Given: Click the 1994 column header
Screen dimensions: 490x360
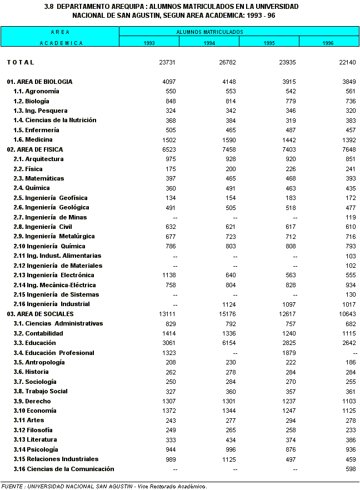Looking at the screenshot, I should (209, 43).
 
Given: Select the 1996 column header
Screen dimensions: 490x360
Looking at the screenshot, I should (328, 43).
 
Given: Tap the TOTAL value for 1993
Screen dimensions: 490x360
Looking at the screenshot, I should (167, 62).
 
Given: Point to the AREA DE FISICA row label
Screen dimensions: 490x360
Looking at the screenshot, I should (35, 149).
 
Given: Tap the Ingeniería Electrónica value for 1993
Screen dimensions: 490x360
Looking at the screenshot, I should (167, 275).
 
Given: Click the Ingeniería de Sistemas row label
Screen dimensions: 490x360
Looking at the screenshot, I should (56, 294).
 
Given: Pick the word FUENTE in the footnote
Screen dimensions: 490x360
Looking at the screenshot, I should (12, 487).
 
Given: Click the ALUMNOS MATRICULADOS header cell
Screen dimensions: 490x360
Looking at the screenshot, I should (210, 32).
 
